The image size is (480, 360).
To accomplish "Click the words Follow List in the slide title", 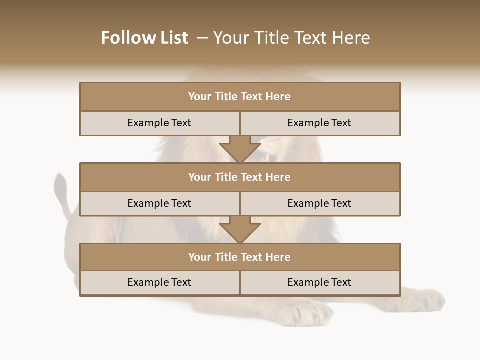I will (144, 38).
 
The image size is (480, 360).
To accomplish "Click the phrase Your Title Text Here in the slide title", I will (292, 38).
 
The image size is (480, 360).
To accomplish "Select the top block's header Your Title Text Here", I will (239, 97).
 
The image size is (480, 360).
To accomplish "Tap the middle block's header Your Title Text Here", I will (239, 177).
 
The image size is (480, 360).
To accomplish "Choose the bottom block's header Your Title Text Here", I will (239, 257).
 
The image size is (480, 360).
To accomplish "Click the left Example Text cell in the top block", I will (159, 123).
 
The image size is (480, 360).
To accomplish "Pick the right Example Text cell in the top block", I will (319, 123).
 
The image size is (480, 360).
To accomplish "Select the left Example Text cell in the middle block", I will (159, 204).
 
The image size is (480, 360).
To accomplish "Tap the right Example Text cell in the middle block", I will (319, 204).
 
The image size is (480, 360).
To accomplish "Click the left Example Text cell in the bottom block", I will (159, 283).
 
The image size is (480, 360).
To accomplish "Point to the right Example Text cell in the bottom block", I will (319, 283).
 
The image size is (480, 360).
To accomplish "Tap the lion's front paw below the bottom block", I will (310, 312).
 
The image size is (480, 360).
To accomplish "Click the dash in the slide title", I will (202, 38).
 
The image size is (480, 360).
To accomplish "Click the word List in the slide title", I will (173, 38).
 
